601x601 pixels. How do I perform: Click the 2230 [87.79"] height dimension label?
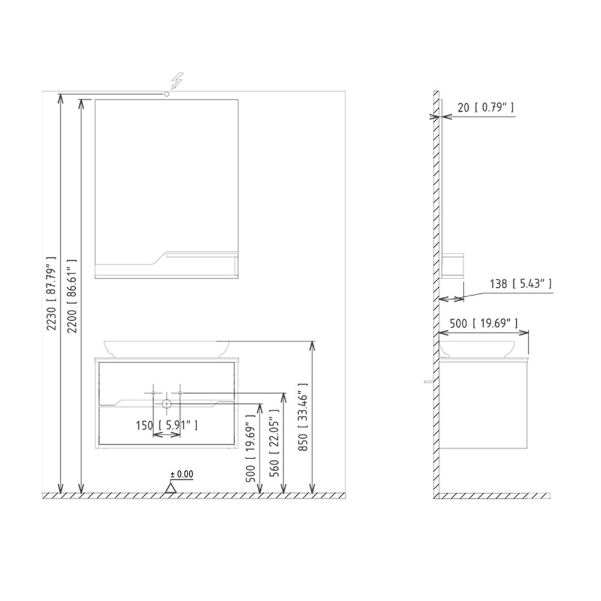point(51,294)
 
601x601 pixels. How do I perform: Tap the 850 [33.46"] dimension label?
point(303,416)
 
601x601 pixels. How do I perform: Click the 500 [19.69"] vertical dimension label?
point(251,448)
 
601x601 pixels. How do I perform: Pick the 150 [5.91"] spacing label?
point(166,425)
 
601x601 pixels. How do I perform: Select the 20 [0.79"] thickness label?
point(486,108)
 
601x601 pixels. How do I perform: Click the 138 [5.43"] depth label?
point(521,284)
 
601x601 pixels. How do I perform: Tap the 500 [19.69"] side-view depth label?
point(484,323)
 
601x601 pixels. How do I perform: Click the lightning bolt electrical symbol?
point(177,81)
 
